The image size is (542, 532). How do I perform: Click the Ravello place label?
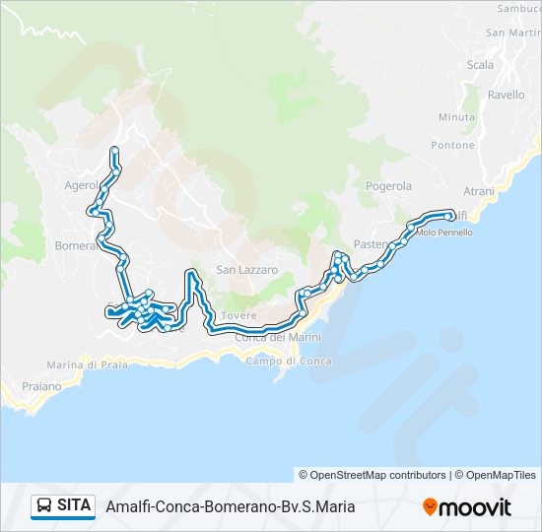click(507, 96)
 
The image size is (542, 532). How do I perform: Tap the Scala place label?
click(481, 65)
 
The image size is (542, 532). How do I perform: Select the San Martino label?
click(511, 33)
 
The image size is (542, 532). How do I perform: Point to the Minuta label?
click(456, 117)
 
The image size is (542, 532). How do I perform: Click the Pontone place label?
click(452, 145)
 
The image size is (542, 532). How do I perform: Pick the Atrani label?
click(479, 190)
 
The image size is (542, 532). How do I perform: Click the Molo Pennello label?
click(444, 233)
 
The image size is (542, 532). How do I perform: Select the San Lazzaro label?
click(247, 270)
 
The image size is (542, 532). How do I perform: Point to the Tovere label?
click(238, 315)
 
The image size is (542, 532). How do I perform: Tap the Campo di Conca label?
click(289, 362)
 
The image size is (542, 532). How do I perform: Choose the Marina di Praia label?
click(87, 366)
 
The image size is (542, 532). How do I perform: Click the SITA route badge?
click(63, 506)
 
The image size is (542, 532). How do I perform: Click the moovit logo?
click(467, 507)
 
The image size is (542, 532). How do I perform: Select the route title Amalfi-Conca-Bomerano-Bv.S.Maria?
click(230, 507)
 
